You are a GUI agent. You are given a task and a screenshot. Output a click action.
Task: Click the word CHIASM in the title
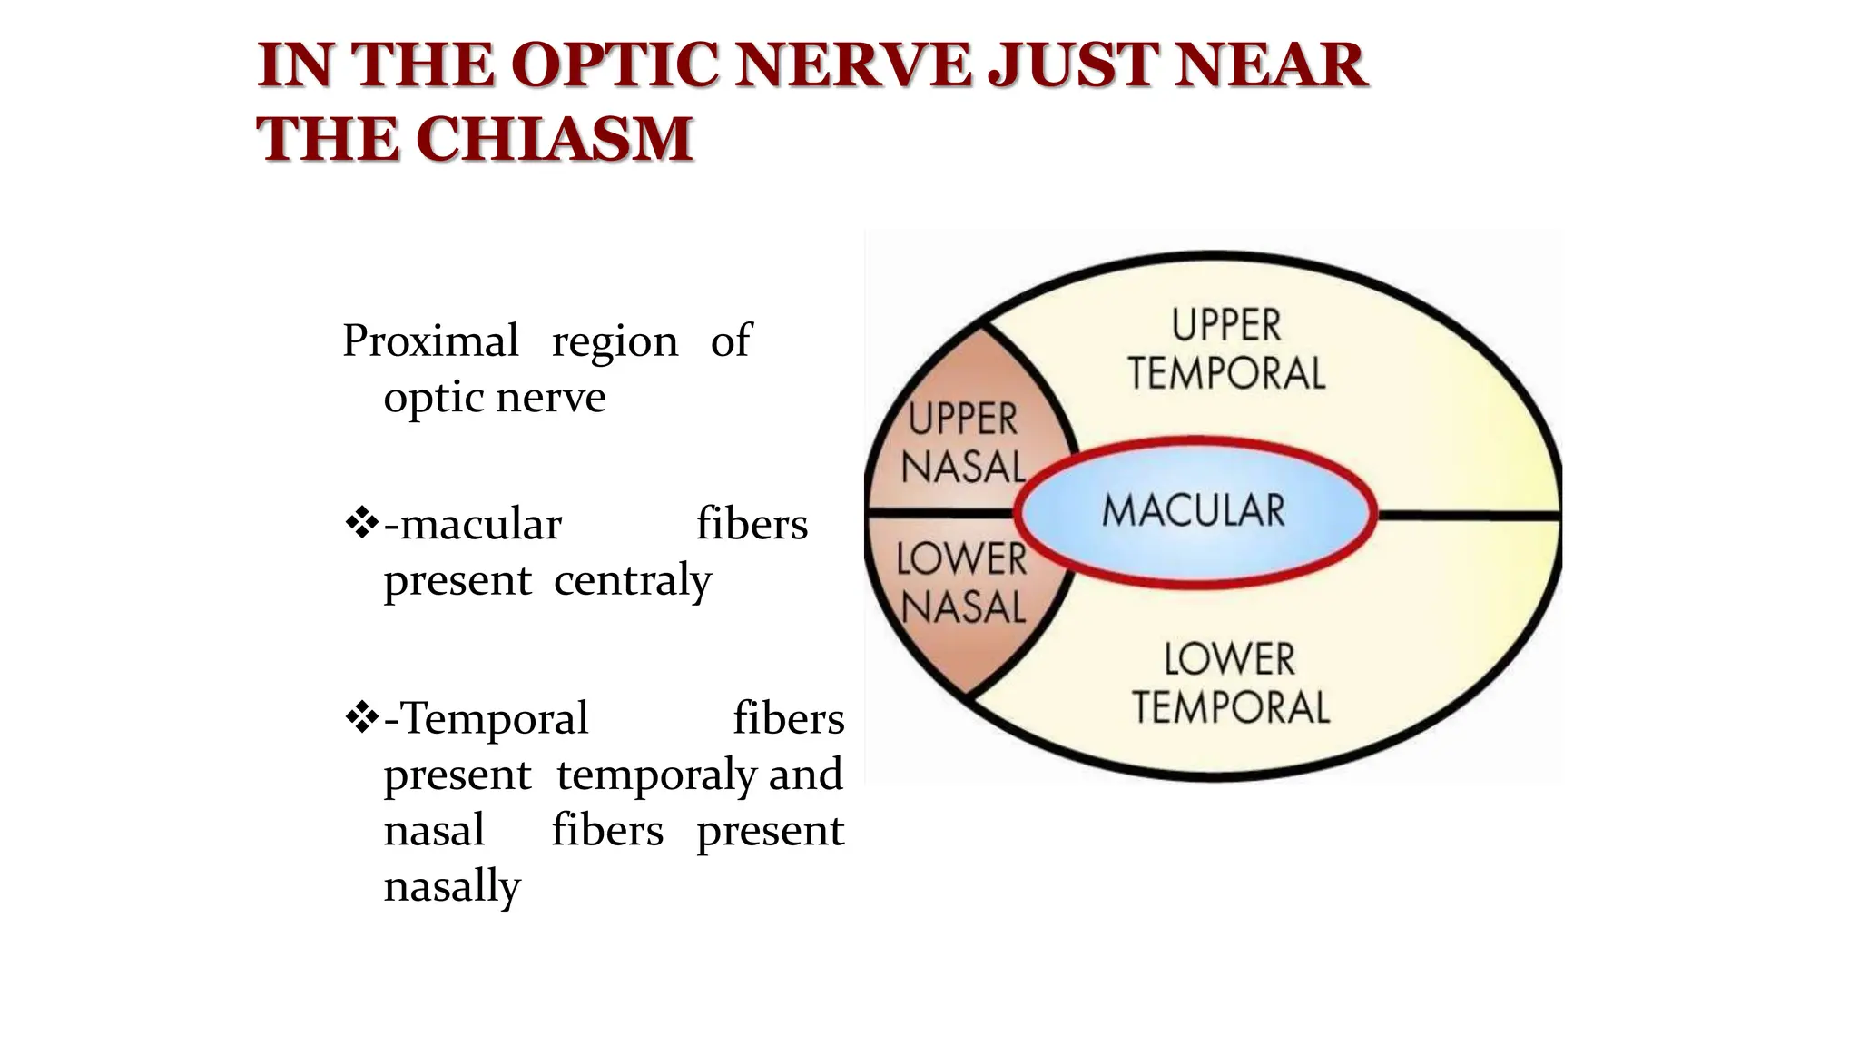(555, 139)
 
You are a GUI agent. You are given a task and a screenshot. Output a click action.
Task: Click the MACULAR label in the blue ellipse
(1193, 510)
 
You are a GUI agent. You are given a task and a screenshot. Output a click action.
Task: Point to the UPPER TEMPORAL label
(1225, 350)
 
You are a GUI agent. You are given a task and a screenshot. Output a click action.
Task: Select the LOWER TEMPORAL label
(1230, 683)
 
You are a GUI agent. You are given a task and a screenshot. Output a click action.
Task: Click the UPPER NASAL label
(963, 444)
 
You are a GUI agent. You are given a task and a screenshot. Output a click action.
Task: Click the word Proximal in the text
(430, 342)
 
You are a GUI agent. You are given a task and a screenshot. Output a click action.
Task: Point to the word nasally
(452, 886)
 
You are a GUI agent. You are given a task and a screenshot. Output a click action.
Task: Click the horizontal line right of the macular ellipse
(1468, 515)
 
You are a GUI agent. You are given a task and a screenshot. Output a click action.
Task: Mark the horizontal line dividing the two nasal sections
(939, 514)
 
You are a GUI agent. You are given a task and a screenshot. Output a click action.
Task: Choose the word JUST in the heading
(1071, 65)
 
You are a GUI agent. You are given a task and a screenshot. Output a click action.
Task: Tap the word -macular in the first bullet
(472, 526)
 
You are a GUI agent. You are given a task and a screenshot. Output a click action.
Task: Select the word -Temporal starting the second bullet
(487, 719)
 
